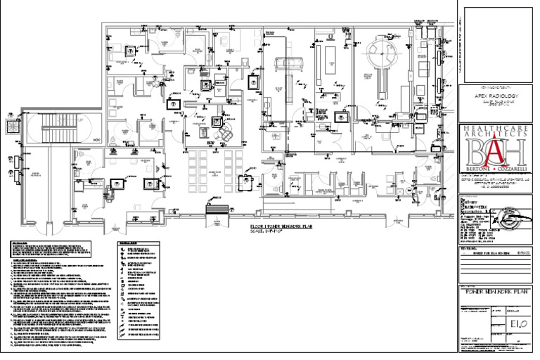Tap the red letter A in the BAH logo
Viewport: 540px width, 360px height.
pyautogui.click(x=496, y=150)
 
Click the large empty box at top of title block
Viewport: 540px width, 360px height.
pyautogui.click(x=496, y=42)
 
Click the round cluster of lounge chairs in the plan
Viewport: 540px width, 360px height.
pyautogui.click(x=226, y=131)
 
